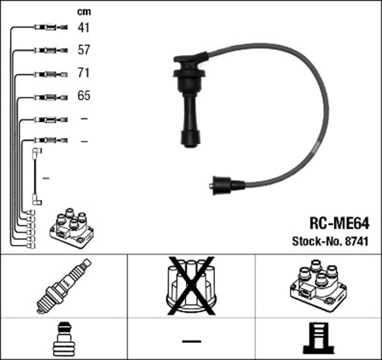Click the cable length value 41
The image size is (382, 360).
click(x=84, y=27)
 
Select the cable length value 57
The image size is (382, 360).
click(x=84, y=50)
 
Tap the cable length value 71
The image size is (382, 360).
click(x=84, y=73)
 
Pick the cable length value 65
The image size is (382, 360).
click(x=84, y=96)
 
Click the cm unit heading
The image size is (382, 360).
click(x=84, y=11)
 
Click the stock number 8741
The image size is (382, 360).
click(x=357, y=242)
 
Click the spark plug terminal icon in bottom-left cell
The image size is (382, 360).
click(x=63, y=339)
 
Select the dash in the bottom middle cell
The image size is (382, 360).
click(x=191, y=341)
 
